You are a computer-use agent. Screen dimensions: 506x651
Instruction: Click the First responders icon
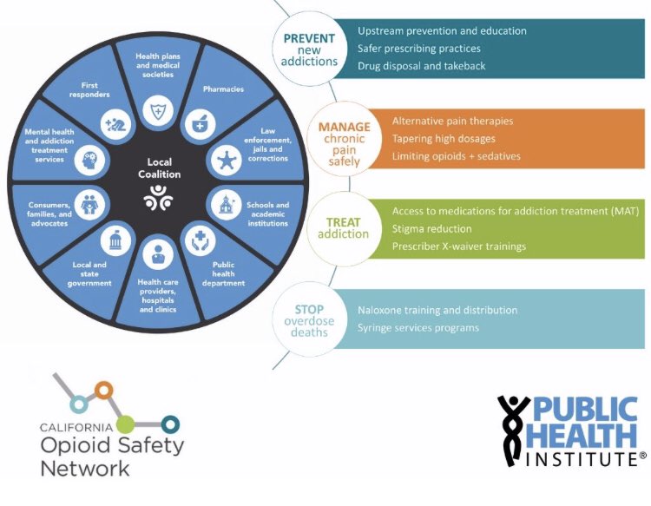115,123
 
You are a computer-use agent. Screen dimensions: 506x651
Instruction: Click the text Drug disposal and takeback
421,66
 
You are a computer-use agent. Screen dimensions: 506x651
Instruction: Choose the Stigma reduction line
431,229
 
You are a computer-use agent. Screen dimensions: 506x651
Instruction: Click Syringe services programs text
418,327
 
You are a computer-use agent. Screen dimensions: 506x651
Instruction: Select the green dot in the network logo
126,424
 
